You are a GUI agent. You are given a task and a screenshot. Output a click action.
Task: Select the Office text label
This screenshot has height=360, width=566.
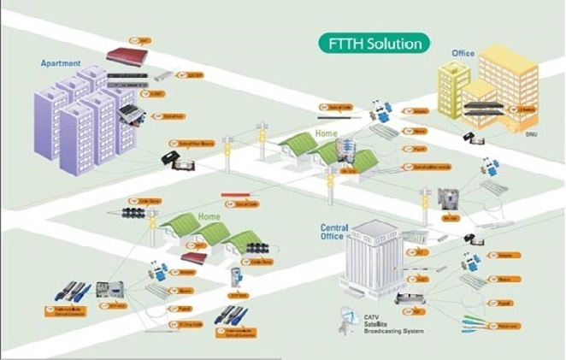tap(463, 54)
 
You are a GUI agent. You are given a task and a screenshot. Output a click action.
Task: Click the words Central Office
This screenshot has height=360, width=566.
tap(339, 233)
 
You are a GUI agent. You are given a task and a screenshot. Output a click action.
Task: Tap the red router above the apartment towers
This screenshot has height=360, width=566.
tap(127, 56)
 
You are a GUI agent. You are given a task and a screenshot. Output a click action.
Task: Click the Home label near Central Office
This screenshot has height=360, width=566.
tap(326, 133)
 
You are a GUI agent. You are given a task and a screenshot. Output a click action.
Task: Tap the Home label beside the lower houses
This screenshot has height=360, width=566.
tap(209, 218)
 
